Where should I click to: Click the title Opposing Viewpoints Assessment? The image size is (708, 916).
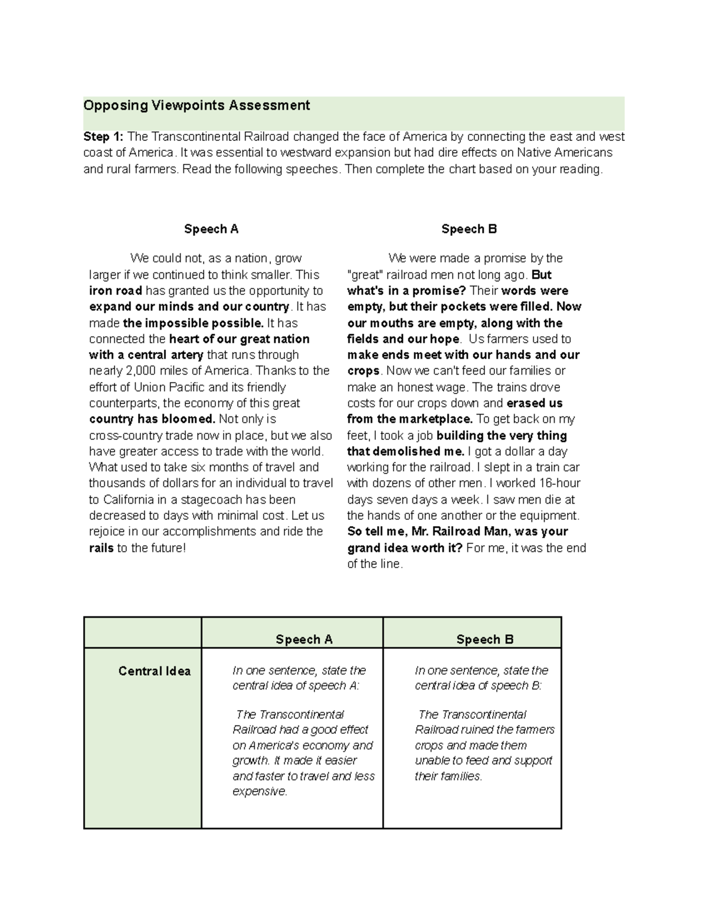[196, 106]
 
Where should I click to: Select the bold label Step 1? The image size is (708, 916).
[103, 137]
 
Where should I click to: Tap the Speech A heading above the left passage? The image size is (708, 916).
[211, 229]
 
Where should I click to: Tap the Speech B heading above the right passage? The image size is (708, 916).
[469, 229]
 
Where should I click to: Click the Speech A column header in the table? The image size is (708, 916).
[304, 639]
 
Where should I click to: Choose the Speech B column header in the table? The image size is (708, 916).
[484, 639]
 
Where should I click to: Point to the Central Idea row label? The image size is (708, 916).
[154, 671]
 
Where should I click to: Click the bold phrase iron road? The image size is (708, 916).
[116, 291]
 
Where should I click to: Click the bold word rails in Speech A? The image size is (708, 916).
[101, 548]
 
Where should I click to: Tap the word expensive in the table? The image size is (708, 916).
[259, 792]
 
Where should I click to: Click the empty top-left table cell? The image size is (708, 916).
[143, 633]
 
